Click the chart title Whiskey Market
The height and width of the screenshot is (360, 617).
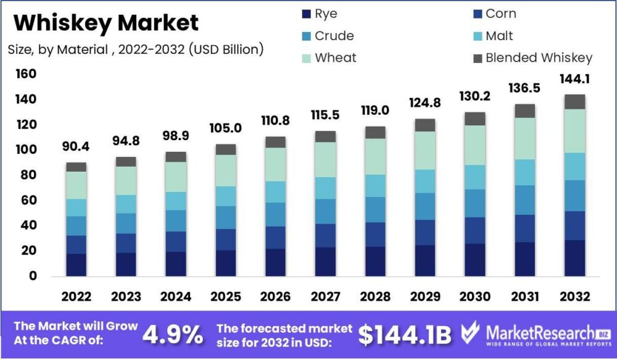[x=106, y=23]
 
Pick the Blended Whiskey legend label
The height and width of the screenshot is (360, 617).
[x=539, y=58]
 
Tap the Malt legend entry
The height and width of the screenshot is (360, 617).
[x=499, y=36]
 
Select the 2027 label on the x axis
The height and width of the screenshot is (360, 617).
[x=325, y=296]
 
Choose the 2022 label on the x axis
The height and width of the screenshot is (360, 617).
[x=76, y=296]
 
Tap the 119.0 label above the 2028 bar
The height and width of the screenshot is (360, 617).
[x=375, y=112]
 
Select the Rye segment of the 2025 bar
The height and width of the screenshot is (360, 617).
[x=226, y=262]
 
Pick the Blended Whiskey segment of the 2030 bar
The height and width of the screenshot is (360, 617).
[x=475, y=119]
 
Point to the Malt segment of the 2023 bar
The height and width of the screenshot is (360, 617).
[x=126, y=204]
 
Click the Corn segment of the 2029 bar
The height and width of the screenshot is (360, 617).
[x=425, y=233]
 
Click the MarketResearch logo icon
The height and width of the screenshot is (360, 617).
[x=470, y=334]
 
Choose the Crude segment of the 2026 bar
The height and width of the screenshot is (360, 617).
[x=275, y=214]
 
